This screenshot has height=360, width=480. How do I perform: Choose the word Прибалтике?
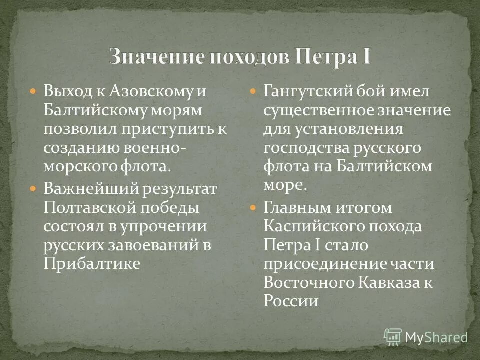click(91, 263)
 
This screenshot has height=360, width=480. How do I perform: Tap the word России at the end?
click(290, 300)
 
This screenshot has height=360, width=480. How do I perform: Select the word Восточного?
click(309, 282)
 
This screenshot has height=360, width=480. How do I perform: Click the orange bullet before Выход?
click(33, 92)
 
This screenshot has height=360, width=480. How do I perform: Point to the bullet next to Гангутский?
click(253, 92)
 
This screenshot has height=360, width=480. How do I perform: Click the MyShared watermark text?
click(436, 337)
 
